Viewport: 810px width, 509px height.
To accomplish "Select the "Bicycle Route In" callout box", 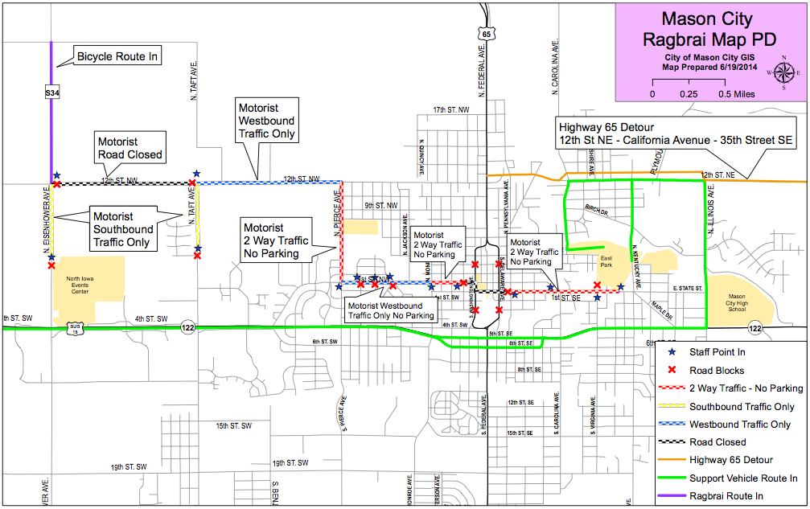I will point(117,56).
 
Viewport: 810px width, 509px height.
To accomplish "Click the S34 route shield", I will point(52,93).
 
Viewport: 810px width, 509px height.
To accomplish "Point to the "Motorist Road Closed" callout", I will point(130,148).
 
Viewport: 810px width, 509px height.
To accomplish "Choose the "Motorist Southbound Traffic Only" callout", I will point(123,229).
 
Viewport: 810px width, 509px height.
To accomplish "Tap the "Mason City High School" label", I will point(737,304).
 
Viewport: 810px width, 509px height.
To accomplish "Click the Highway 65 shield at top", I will point(487,34).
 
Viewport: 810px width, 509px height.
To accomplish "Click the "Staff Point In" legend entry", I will point(717,352).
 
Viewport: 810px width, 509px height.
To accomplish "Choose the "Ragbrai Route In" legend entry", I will point(726,496).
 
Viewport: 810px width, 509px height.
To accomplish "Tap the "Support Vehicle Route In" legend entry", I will point(742,478).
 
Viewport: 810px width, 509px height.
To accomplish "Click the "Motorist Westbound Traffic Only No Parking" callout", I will point(390,310).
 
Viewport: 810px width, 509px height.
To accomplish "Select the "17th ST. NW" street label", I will point(451,109).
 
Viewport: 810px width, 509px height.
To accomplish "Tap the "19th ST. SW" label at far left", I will point(129,466).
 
